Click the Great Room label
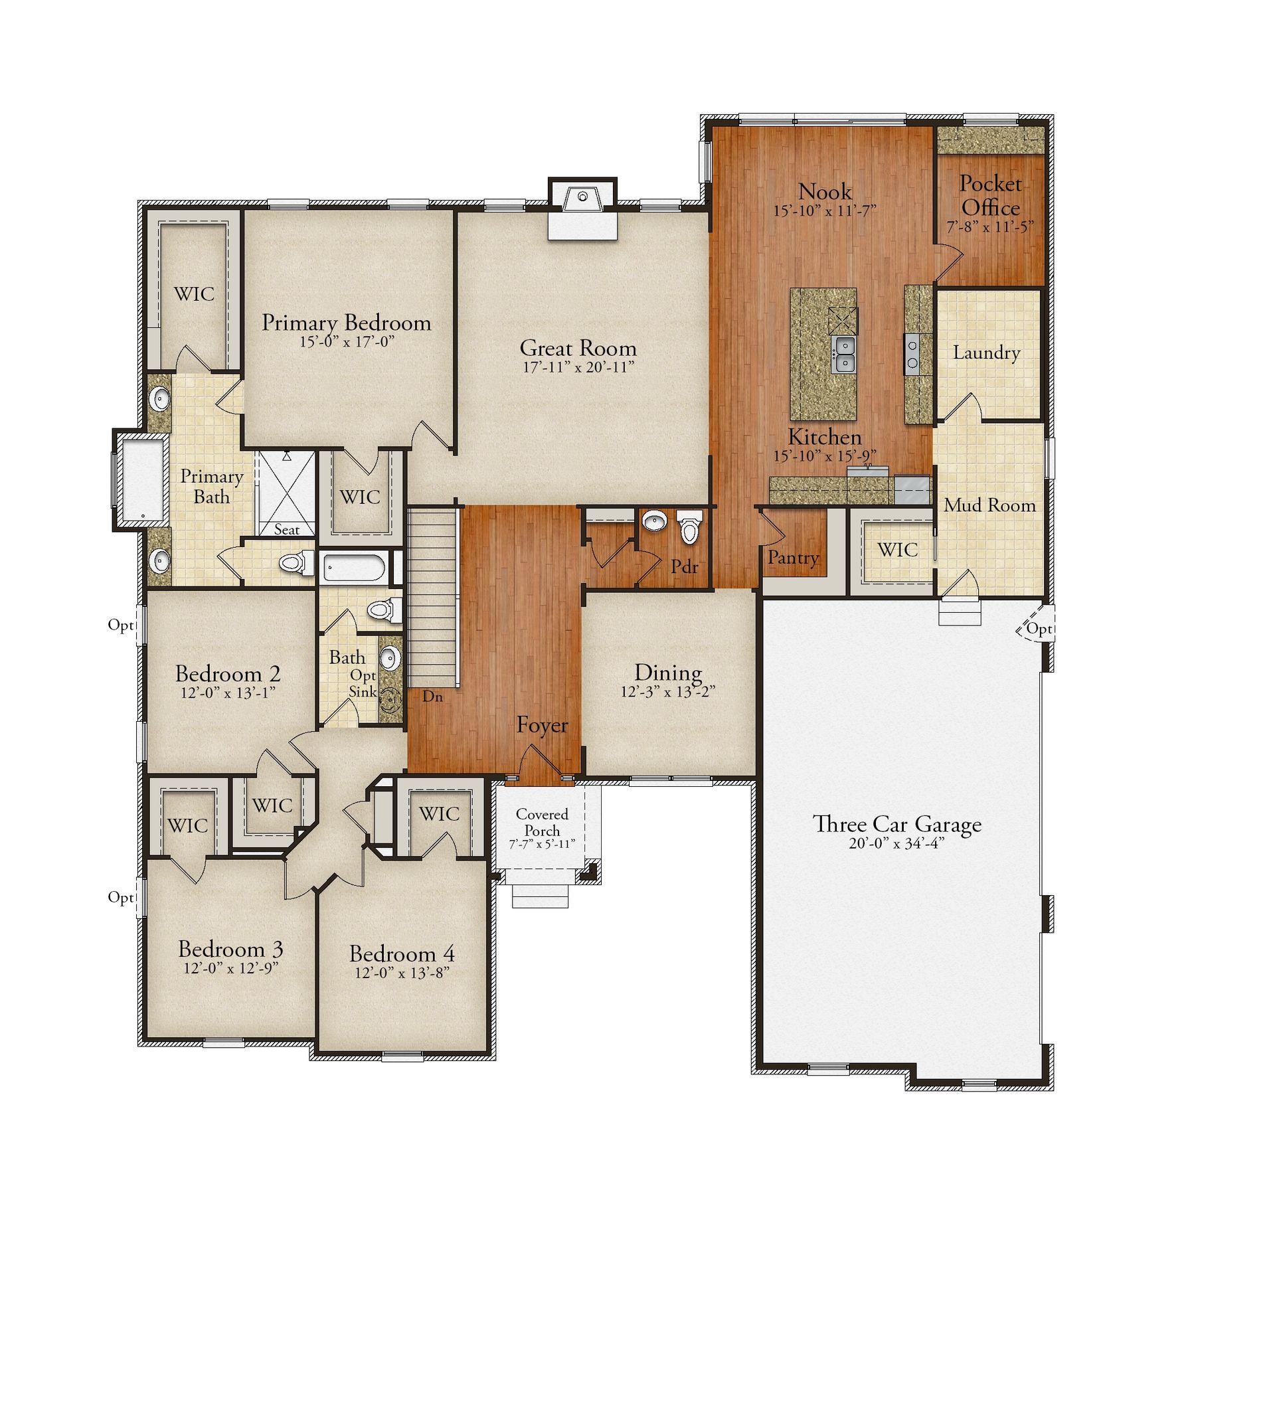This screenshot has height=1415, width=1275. click(x=578, y=347)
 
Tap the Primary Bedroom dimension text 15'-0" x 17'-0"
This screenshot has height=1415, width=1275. click(x=347, y=342)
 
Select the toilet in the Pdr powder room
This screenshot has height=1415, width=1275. click(x=690, y=527)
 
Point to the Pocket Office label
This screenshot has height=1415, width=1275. click(x=990, y=195)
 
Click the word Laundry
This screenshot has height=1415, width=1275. click(x=986, y=353)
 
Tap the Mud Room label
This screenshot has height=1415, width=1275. click(x=989, y=505)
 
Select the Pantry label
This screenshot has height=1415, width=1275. click(x=793, y=558)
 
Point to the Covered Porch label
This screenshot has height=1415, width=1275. click(x=543, y=823)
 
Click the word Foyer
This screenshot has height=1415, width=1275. click(x=543, y=725)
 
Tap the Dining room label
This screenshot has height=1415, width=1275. click(x=667, y=673)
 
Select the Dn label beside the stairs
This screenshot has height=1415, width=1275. click(x=432, y=697)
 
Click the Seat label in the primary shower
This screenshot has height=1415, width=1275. click(x=286, y=530)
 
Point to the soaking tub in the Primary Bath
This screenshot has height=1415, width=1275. click(x=142, y=480)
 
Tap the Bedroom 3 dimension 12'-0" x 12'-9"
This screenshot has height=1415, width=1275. click(x=231, y=968)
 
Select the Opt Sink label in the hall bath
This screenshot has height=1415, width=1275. click(x=363, y=684)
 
